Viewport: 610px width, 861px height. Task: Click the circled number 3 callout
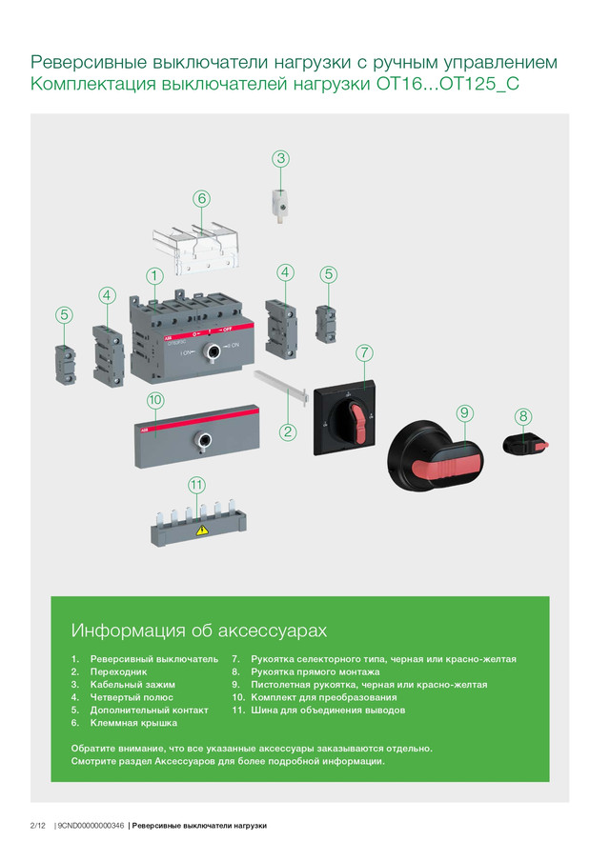[x=281, y=159]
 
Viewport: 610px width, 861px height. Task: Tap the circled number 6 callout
[x=202, y=198]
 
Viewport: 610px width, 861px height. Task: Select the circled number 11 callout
[x=196, y=485]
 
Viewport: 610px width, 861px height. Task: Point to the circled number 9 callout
[x=465, y=413]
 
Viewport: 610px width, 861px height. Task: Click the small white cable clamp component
[x=280, y=204]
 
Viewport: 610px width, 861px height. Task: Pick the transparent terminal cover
[x=195, y=249]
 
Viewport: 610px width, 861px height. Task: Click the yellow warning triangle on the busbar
[x=202, y=530]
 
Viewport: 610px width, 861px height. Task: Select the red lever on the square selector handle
[x=359, y=424]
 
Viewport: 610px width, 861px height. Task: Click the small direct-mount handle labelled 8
[x=525, y=444]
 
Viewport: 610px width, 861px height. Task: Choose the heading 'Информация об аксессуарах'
[x=199, y=631]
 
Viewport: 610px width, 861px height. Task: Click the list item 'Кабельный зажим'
[x=132, y=685]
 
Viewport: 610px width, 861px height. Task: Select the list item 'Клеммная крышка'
[x=133, y=723]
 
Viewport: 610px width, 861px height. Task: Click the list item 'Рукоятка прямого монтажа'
[x=315, y=672]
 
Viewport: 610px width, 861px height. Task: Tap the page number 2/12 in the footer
[x=38, y=826]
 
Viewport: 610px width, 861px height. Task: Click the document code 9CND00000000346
[x=91, y=826]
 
